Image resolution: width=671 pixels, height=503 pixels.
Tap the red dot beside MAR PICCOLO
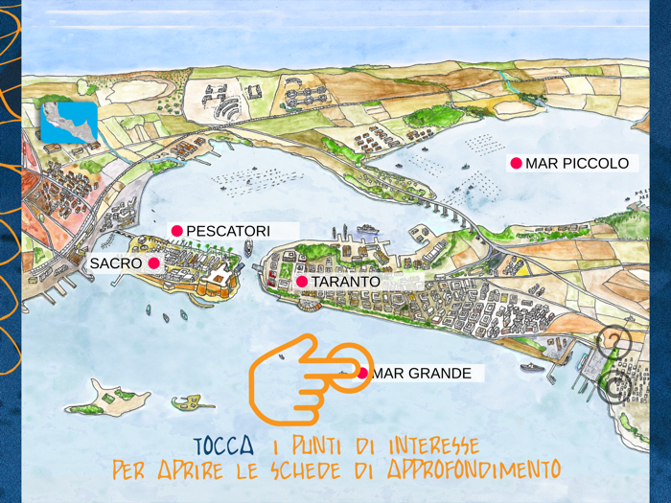pyautogui.click(x=516, y=164)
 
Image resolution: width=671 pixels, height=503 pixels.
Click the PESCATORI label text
pyautogui.click(x=228, y=231)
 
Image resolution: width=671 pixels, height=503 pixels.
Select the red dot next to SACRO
pyautogui.click(x=153, y=263)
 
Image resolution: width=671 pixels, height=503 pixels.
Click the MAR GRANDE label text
pyautogui.click(x=422, y=374)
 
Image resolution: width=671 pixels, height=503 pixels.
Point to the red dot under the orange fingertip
pyautogui.click(x=362, y=373)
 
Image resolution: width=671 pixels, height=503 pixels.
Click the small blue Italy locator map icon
pyautogui.click(x=68, y=124)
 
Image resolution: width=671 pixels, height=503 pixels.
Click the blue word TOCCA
pyautogui.click(x=223, y=446)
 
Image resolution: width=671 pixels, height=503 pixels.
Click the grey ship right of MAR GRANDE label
pyautogui.click(x=532, y=367)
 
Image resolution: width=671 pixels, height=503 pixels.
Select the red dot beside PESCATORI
pyautogui.click(x=176, y=231)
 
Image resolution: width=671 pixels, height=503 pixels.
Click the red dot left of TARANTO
pyautogui.click(x=301, y=282)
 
